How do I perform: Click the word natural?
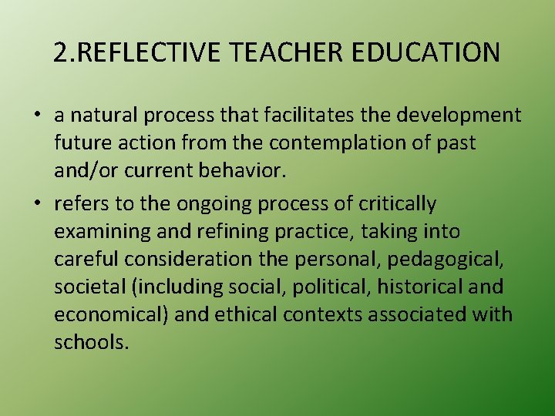coord(103,116)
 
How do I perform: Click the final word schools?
coord(90,343)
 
